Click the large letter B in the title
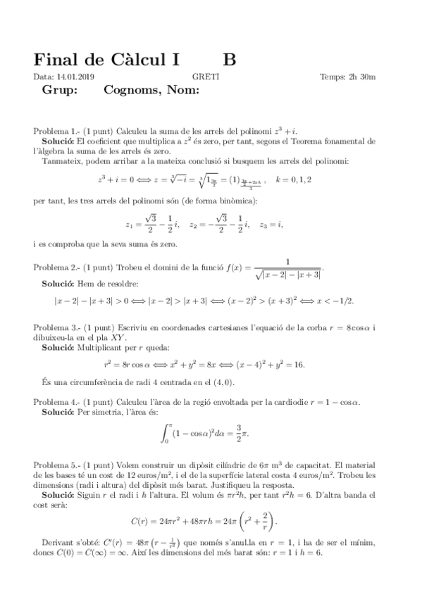(230, 59)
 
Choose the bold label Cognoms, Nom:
(151, 90)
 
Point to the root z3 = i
(271, 225)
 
